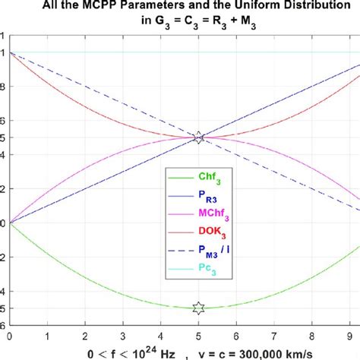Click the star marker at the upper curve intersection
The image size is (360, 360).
198,137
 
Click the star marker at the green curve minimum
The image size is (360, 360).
198,308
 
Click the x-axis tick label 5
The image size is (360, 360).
198,334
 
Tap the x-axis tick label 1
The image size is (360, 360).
47,334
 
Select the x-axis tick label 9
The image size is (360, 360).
349,334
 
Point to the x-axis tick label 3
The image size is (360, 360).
122,334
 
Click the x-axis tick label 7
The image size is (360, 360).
274,334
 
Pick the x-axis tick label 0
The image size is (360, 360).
9,334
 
